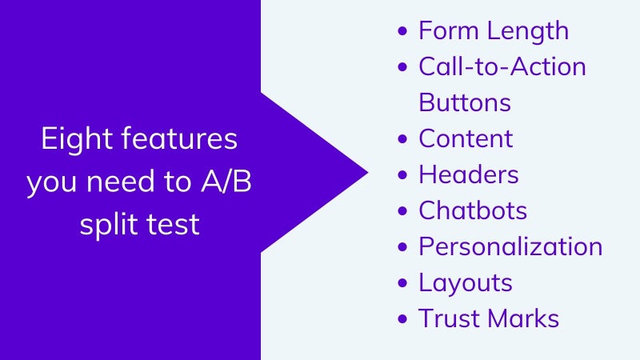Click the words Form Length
(x=494, y=31)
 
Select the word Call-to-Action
(x=502, y=66)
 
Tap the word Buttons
(x=465, y=102)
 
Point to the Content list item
(x=466, y=138)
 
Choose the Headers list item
(x=469, y=174)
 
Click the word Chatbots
(x=473, y=210)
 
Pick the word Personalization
(x=510, y=246)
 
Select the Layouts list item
(x=466, y=283)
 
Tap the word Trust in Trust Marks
(x=448, y=318)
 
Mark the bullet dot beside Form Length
(x=402, y=31)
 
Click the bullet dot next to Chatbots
(x=402, y=211)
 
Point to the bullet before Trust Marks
(x=402, y=318)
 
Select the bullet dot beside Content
(x=402, y=138)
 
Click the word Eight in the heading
(x=77, y=139)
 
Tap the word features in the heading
(x=179, y=138)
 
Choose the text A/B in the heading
(x=226, y=182)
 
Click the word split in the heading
(x=108, y=224)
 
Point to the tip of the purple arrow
(x=368, y=173)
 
